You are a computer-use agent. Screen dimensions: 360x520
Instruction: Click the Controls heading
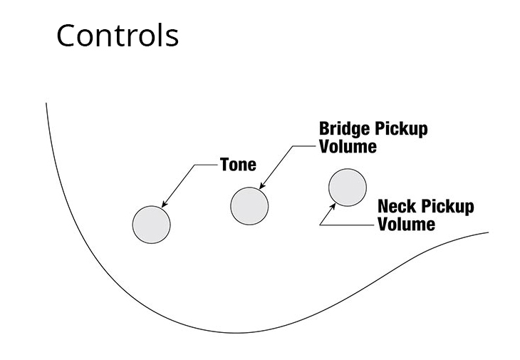click(x=118, y=35)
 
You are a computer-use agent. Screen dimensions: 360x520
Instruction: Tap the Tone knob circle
click(x=152, y=224)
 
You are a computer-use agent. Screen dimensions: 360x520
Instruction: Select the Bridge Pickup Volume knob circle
click(x=249, y=205)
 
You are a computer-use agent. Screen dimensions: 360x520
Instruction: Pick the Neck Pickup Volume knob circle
click(x=348, y=187)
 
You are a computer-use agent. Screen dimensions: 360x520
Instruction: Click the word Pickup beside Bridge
click(x=401, y=130)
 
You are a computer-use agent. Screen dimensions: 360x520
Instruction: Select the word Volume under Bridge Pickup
click(x=348, y=147)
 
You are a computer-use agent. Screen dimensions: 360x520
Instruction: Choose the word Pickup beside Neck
click(x=447, y=207)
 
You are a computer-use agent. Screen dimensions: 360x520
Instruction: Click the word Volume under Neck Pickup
click(x=406, y=224)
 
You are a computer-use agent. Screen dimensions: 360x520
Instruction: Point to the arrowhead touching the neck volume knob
click(x=334, y=203)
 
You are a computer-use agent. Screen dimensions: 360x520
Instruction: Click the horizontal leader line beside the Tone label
click(x=206, y=165)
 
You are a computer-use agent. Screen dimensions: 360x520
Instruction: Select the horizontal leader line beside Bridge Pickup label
click(x=303, y=146)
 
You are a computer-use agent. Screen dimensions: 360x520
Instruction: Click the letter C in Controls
click(x=68, y=35)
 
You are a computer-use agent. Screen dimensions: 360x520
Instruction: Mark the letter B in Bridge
click(x=324, y=129)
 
